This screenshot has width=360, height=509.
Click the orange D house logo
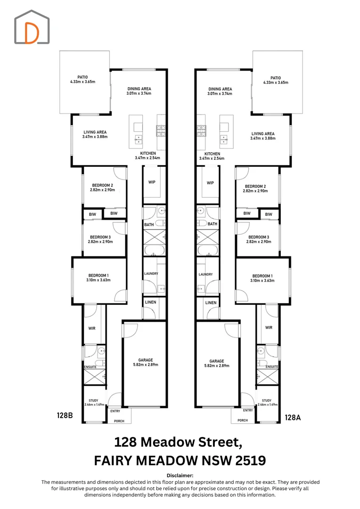coord(32,27)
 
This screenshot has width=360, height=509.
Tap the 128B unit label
coord(65,415)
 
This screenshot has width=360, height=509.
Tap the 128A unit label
coord(293,418)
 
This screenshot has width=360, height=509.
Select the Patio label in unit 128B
coord(82,77)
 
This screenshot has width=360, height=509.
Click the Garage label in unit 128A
coord(217,361)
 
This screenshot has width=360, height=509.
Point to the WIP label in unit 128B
coord(152,182)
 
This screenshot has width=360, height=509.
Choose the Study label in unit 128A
coord(267,401)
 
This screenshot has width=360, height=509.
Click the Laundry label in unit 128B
coord(151,274)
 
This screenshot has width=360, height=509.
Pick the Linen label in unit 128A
coord(211,303)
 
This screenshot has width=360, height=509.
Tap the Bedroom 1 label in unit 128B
coord(98,275)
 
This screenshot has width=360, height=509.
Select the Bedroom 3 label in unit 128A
coord(259,237)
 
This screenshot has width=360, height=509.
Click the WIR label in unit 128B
coord(92,328)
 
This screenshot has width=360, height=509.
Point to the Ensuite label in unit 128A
coord(272,367)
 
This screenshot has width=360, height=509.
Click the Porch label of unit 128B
coord(119,421)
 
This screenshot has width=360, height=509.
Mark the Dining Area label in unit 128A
coord(220,89)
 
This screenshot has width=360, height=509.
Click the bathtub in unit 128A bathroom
coord(208,251)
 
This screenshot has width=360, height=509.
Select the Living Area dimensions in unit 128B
coord(95,137)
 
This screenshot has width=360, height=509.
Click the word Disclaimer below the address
coord(180,476)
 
